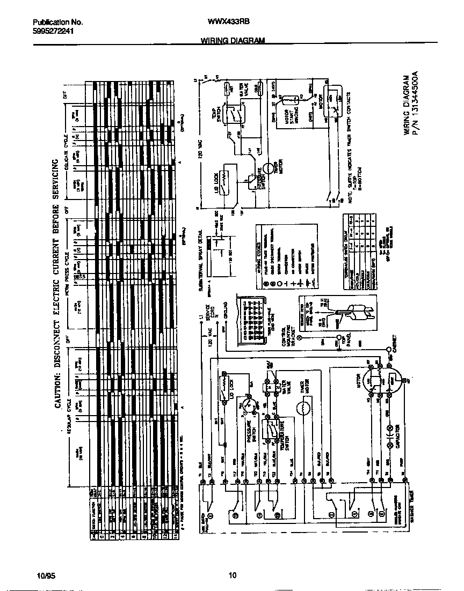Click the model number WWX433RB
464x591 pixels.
click(x=228, y=22)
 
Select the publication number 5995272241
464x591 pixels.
click(x=53, y=31)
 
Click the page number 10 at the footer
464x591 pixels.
click(x=232, y=576)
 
